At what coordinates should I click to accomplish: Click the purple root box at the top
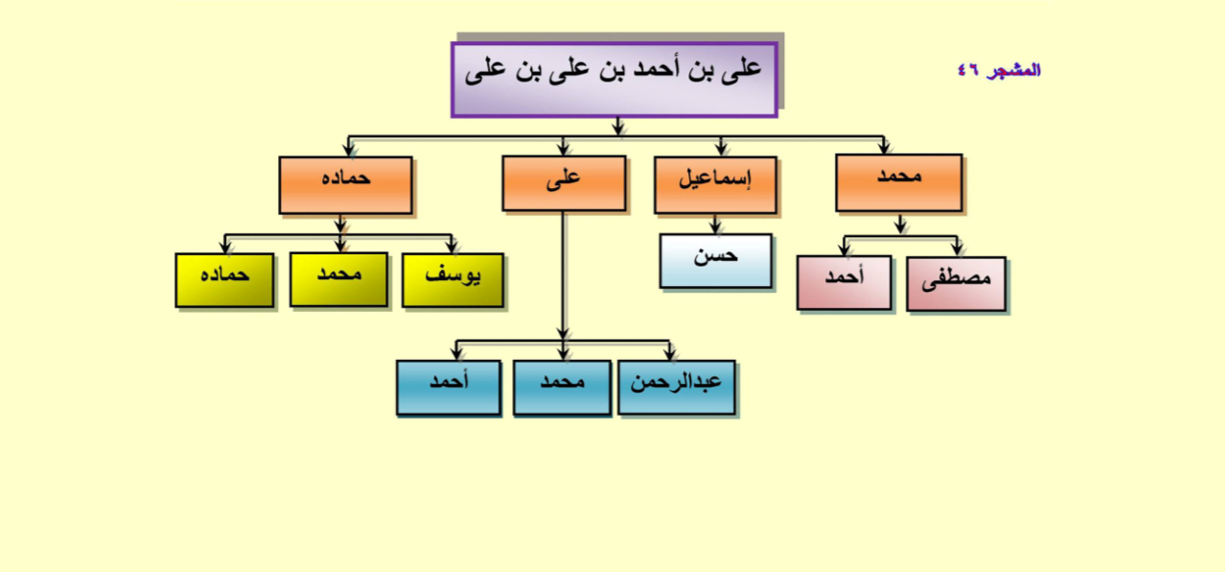click(x=614, y=80)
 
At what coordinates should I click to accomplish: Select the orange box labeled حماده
click(x=346, y=185)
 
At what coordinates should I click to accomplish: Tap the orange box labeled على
click(x=564, y=183)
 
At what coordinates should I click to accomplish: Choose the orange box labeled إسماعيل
click(x=715, y=185)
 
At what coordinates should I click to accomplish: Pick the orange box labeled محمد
click(x=898, y=182)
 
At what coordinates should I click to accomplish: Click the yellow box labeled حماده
click(x=224, y=280)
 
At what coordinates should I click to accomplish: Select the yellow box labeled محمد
click(x=339, y=279)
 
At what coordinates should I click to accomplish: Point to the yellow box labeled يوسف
click(x=452, y=280)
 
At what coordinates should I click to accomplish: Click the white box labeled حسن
click(x=715, y=261)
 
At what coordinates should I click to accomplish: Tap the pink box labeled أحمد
click(x=845, y=283)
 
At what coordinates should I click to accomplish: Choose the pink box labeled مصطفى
click(x=957, y=284)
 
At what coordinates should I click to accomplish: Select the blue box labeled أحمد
click(x=449, y=388)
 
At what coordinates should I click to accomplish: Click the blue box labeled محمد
click(x=563, y=388)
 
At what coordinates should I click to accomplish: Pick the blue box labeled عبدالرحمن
click(x=677, y=388)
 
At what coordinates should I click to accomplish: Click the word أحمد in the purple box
click(x=656, y=69)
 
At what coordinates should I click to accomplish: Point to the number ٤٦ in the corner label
click(x=968, y=70)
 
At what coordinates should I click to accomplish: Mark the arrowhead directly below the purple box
click(x=618, y=128)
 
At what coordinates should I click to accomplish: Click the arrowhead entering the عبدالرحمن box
click(x=669, y=354)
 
